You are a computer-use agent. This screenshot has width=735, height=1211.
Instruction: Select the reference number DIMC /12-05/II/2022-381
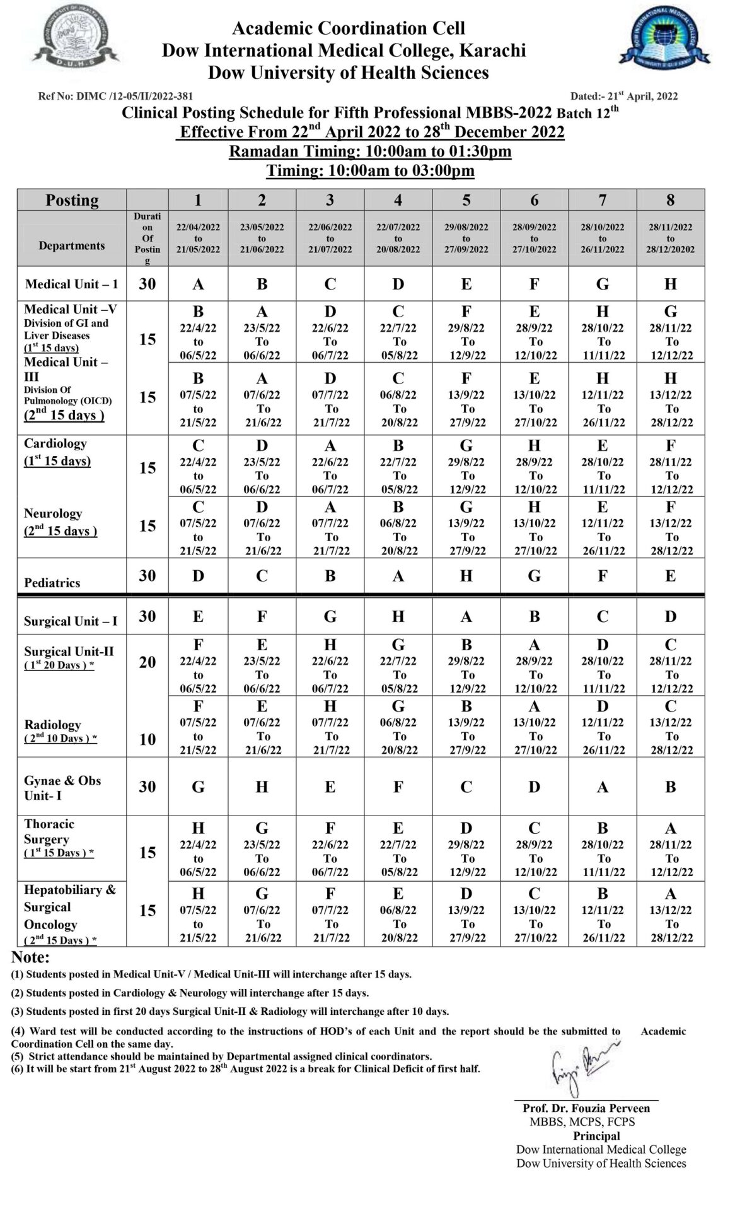tap(115, 97)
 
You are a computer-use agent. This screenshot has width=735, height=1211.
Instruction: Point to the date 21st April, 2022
tap(624, 97)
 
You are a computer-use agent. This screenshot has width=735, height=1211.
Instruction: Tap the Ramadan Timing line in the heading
tap(370, 151)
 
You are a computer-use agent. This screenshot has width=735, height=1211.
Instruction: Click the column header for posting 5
tap(466, 200)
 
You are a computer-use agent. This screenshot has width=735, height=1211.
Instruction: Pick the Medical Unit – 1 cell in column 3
tap(330, 284)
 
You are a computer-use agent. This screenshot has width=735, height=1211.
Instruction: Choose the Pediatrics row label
tap(52, 583)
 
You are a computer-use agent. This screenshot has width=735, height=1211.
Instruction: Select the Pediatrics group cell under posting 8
tap(670, 576)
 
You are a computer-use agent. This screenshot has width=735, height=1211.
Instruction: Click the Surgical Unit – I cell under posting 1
tap(199, 616)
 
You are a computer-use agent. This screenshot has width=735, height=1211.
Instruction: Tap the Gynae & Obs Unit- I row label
tap(62, 788)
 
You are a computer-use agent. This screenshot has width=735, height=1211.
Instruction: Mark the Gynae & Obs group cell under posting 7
tap(603, 787)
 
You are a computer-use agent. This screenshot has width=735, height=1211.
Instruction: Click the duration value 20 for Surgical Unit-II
tap(147, 662)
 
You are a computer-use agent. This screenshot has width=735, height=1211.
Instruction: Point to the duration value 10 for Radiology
tap(147, 739)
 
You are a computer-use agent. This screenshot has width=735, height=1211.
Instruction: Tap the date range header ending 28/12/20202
tap(670, 238)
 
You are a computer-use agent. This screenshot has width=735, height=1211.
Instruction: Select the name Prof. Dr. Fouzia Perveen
tap(586, 1108)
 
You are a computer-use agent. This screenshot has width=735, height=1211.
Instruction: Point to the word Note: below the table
tap(30, 957)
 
